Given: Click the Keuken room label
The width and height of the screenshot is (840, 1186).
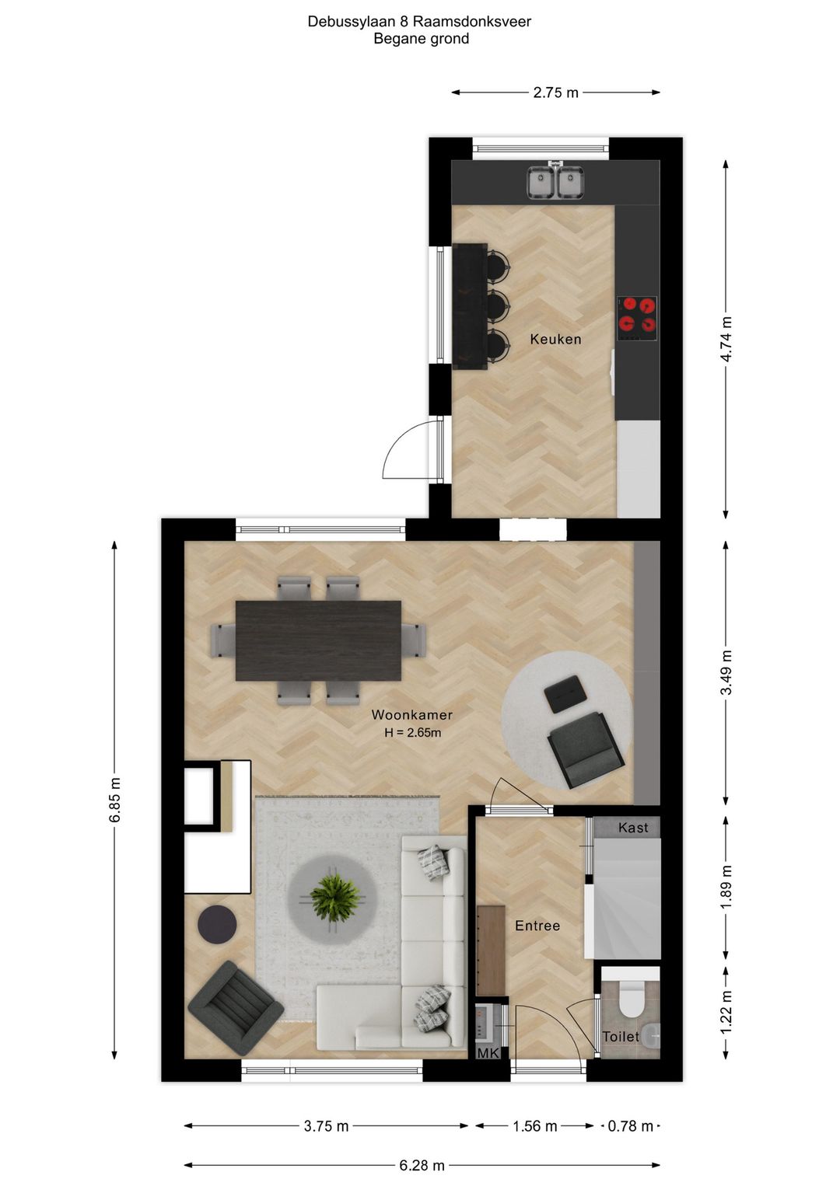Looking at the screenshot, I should click(555, 339).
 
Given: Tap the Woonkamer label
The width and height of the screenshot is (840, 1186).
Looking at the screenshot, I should click(411, 715).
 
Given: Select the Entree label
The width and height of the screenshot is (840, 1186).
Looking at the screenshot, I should click(537, 926).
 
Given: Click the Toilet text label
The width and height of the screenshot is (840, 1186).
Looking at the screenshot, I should click(621, 1037).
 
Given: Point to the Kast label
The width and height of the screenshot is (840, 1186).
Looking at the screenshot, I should click(633, 828).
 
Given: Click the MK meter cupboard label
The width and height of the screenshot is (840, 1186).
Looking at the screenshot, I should click(488, 1053).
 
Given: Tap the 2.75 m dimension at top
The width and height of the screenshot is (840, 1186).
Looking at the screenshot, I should click(555, 92).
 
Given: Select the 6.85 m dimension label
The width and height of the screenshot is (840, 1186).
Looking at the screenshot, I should click(114, 800).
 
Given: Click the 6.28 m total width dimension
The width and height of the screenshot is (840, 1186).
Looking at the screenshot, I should click(422, 1165).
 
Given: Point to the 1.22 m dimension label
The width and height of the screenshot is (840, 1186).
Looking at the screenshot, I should click(726, 1013).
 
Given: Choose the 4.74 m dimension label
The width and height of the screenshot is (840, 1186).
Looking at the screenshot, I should click(726, 339).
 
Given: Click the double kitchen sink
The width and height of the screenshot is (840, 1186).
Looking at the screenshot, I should click(556, 183).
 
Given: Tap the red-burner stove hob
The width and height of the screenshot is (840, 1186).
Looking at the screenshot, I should click(637, 318).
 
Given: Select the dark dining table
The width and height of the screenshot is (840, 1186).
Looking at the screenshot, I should click(318, 640).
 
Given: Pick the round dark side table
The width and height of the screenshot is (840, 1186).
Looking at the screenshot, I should click(217, 924).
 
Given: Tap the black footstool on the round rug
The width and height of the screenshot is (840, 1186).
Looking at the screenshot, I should click(565, 693).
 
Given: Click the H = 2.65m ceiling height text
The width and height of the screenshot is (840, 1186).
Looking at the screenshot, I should click(412, 733).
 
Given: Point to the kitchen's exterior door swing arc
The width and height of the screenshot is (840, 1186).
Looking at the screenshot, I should click(401, 450).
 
